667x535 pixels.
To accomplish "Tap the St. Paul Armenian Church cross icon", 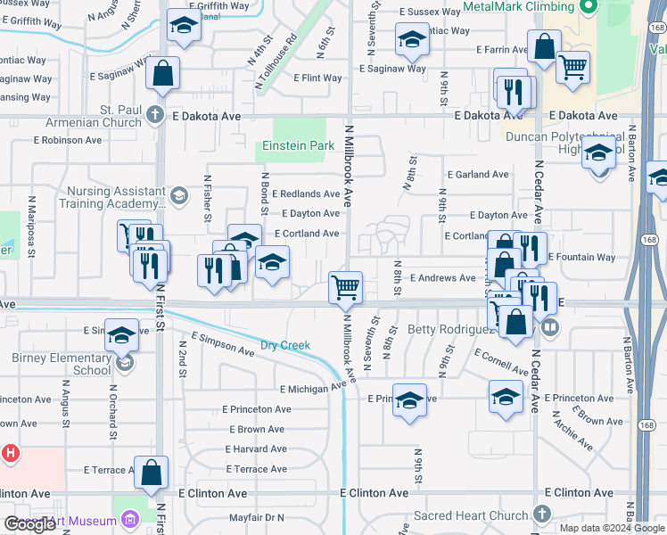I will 155,114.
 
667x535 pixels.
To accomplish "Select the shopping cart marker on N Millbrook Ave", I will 345,287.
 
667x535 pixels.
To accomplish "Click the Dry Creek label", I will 284,345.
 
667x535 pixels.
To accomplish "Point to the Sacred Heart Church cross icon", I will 541,514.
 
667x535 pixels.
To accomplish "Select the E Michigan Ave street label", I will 312,389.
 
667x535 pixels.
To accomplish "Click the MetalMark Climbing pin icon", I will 587,8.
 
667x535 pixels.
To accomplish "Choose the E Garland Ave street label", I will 478,175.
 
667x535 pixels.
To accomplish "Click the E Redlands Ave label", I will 306,193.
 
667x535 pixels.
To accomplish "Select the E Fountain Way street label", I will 581,258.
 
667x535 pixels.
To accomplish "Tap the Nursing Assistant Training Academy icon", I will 178,195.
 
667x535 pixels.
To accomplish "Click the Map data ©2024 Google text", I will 612,528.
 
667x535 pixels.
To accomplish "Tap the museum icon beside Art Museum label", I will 129,520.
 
